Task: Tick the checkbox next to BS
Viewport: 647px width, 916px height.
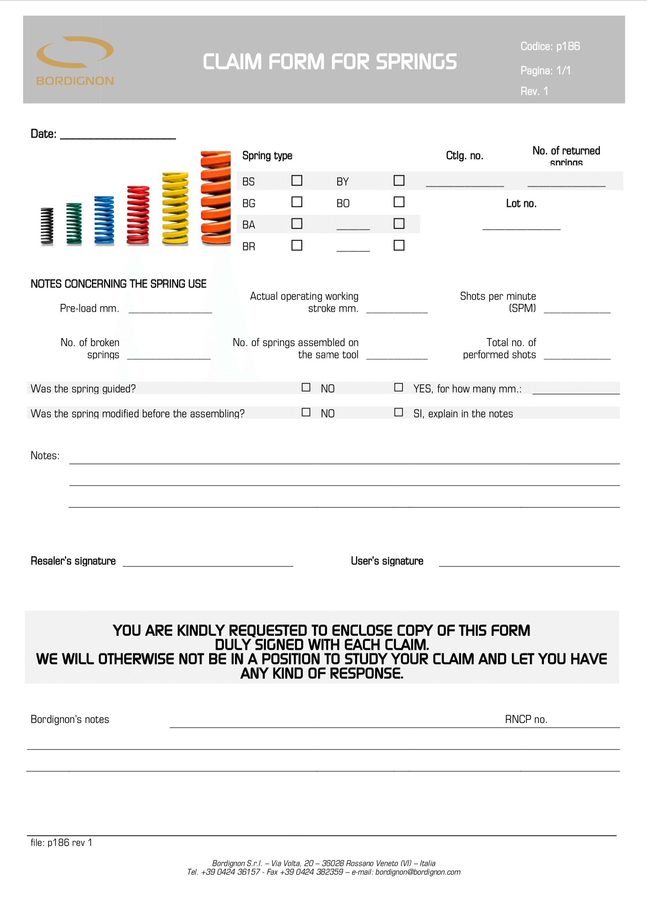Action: coord(297,180)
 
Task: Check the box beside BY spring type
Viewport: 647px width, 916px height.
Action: coord(399,180)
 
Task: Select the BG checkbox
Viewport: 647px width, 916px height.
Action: coord(297,202)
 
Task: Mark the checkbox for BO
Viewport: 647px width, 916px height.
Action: coord(399,202)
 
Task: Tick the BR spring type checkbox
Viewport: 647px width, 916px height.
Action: coord(297,245)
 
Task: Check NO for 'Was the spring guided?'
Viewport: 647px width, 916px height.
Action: coord(306,387)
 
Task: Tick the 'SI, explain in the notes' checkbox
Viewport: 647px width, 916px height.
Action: coord(399,412)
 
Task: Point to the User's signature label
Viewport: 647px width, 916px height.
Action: coord(387,561)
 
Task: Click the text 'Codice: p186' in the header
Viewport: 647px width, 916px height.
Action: coord(550,46)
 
